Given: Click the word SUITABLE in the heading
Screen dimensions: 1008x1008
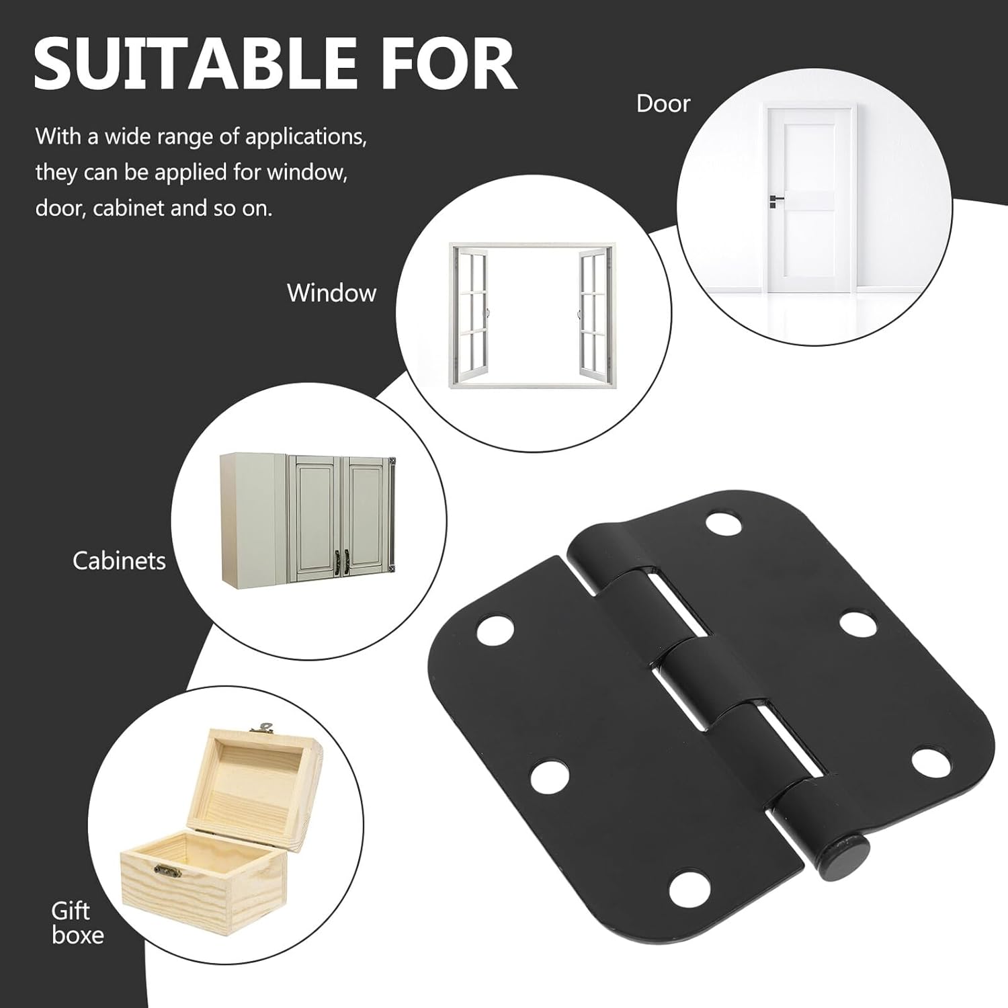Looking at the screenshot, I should tap(195, 65).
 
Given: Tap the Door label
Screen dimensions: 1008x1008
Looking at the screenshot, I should tap(663, 104).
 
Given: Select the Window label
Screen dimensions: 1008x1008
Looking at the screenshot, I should tap(331, 293).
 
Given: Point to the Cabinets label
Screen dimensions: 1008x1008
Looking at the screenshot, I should tap(119, 560).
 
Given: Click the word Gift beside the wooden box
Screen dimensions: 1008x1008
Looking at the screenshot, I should tap(71, 911).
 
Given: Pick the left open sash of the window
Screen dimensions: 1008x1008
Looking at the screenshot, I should tap(470, 313).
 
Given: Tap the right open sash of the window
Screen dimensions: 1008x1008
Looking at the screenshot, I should tap(593, 313).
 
